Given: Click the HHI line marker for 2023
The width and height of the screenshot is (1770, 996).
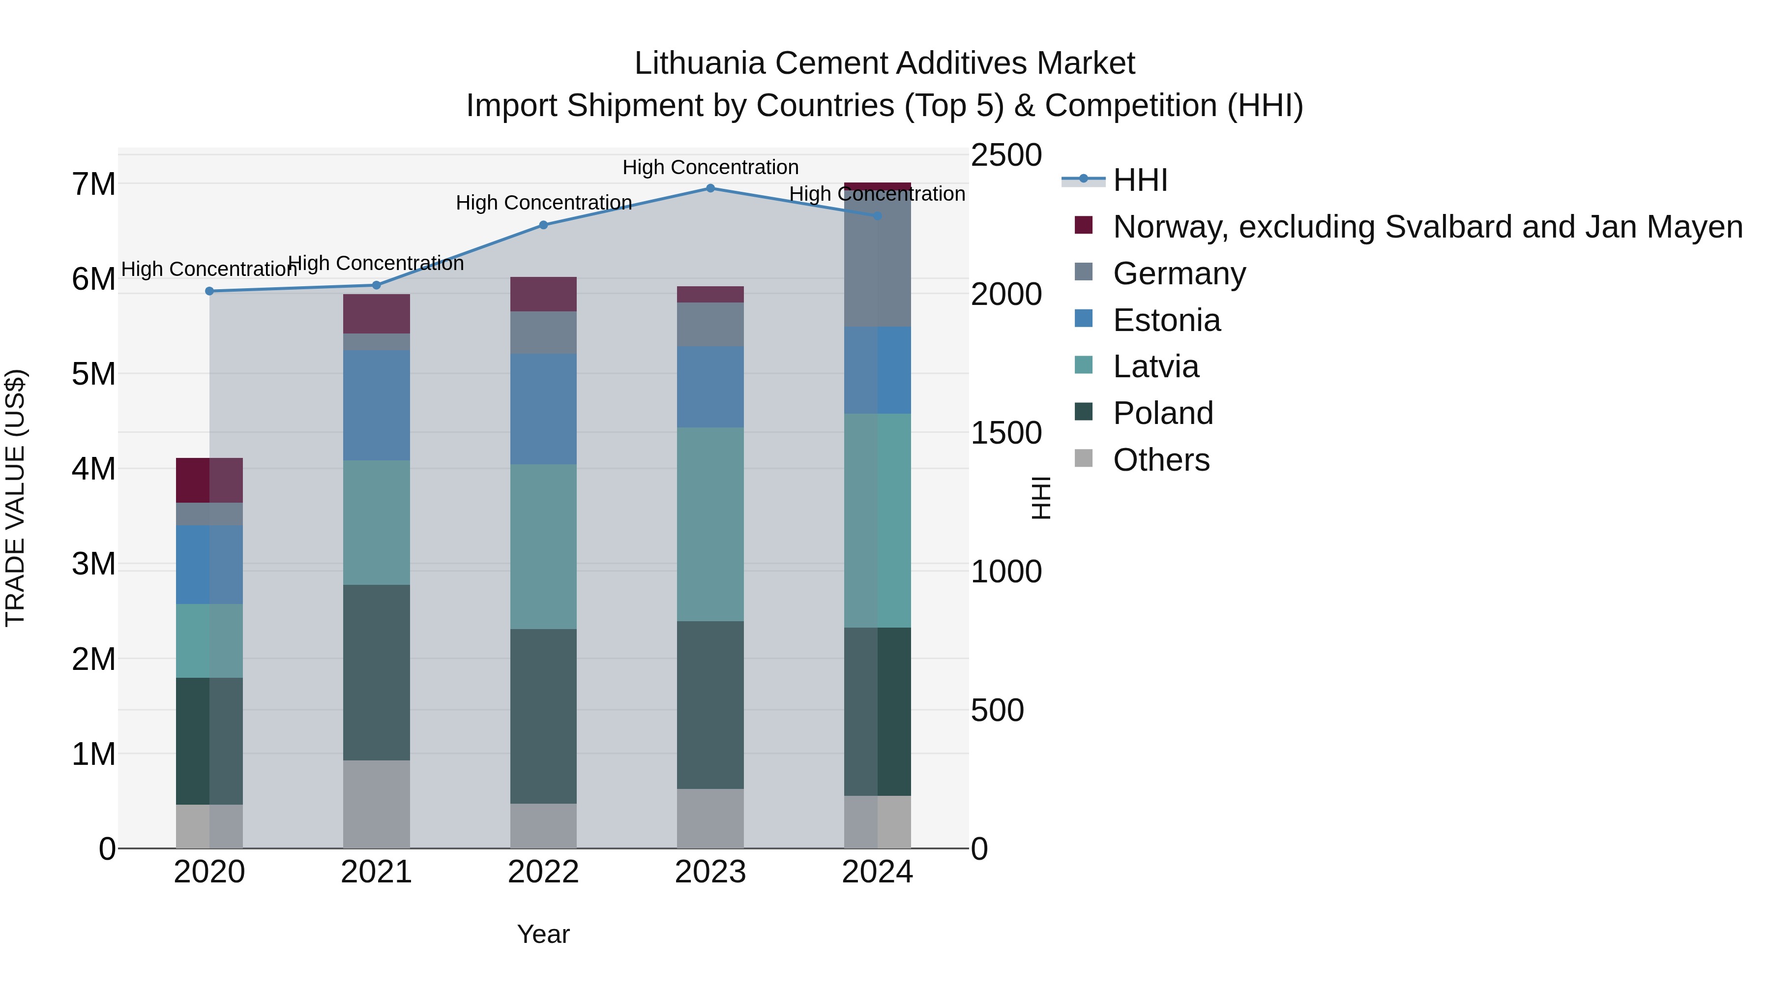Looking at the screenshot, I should point(710,188).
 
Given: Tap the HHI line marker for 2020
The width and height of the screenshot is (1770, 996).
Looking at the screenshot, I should point(209,292).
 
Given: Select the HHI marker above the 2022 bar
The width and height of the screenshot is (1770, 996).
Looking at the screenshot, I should point(543,225).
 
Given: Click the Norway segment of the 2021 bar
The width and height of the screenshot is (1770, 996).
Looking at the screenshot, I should point(377,314).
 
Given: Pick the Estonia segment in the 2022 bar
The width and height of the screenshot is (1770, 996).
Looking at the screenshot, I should point(543,409).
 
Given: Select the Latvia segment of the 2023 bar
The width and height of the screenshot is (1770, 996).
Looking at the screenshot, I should point(710,524).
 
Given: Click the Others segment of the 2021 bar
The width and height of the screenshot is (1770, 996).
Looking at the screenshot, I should point(377,804).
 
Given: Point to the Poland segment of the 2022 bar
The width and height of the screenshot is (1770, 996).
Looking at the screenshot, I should point(543,716).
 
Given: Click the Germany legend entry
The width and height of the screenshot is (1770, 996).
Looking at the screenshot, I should point(1179,273).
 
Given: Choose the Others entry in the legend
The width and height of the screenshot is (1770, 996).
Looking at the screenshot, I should point(1161,460).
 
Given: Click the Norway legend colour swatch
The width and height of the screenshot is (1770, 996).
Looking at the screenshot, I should point(1084,225).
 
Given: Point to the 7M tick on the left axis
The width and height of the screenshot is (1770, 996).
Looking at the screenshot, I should point(93,184).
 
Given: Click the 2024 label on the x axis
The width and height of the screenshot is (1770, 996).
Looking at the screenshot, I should point(878,872).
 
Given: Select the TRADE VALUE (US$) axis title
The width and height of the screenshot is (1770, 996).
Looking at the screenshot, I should point(15,498).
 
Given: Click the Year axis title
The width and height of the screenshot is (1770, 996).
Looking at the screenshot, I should point(543,934).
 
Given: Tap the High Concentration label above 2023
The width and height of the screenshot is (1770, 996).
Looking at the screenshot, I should point(710,167).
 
